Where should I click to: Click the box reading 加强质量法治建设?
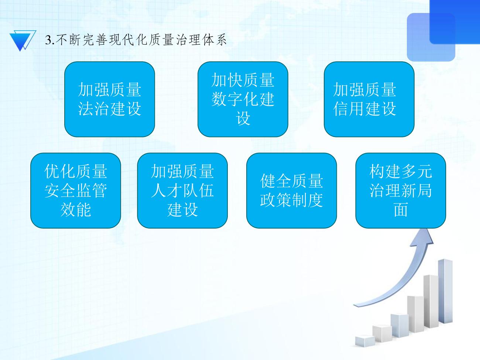coord(110,99)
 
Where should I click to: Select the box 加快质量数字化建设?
coord(243,99)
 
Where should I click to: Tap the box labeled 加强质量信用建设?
coord(369,99)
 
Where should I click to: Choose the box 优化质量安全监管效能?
coord(76,191)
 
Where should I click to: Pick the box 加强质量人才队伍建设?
coord(182,191)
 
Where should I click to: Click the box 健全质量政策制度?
coord(291,191)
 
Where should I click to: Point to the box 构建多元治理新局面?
coord(401,191)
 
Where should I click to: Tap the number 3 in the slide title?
coord(48,40)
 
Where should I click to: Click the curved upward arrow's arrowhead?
coord(424,237)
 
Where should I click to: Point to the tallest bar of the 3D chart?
coord(445,291)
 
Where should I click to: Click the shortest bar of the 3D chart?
coord(365,340)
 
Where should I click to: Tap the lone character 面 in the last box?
coord(401,209)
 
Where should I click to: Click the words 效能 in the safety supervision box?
coord(76,209)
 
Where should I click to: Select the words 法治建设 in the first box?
coord(110,109)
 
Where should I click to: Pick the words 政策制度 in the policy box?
coord(291,200)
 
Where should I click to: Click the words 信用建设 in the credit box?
coord(365,109)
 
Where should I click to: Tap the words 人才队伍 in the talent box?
coord(182,191)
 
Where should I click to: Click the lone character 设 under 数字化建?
coord(243,118)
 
